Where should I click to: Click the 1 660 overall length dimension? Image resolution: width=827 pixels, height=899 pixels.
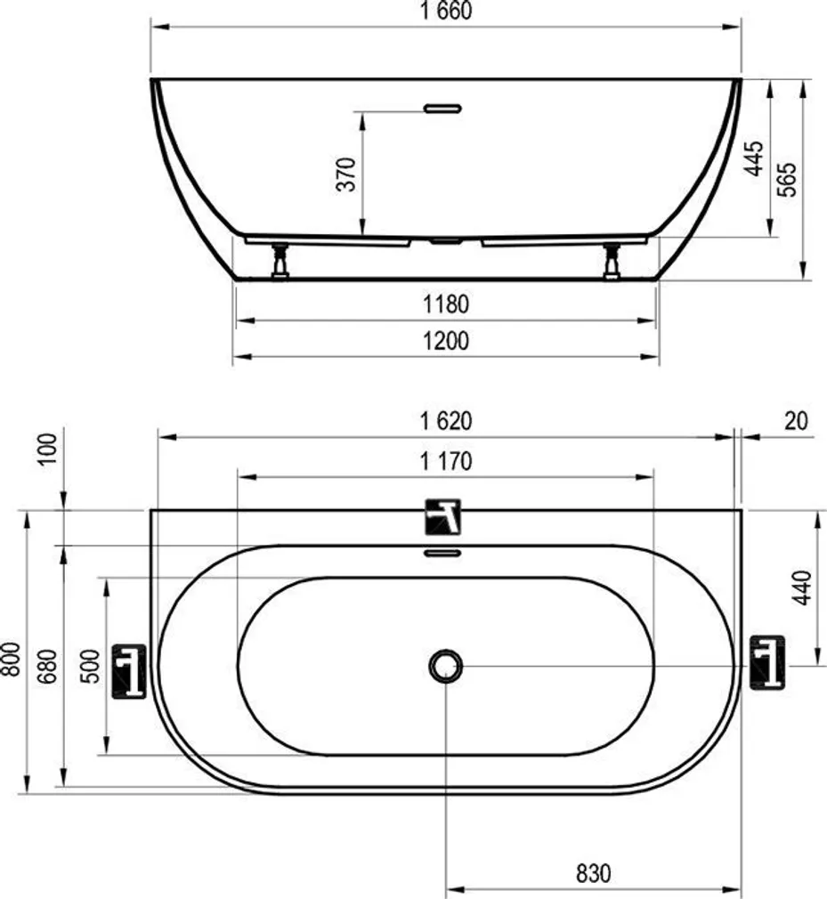coord(446,12)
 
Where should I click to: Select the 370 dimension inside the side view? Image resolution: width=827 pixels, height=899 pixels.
coord(348,174)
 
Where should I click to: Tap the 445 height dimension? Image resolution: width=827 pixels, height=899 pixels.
coord(753,158)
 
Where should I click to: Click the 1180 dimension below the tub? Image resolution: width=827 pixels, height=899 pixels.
coord(446,304)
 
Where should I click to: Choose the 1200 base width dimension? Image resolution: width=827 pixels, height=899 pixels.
coord(446,342)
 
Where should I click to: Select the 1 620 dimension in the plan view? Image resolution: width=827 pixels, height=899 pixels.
coord(446,422)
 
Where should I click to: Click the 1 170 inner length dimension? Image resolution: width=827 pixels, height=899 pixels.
coord(446,462)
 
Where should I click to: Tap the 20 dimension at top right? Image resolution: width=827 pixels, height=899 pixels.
coord(796,422)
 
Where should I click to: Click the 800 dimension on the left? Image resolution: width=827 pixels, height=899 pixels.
coord(11,659)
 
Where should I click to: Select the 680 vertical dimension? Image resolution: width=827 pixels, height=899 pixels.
coord(47,666)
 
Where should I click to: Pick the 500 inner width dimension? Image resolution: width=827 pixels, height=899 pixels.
coord(88,666)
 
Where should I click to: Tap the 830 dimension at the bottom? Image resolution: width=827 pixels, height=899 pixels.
coord(593,874)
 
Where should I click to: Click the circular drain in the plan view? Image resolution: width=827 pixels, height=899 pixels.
coord(445,665)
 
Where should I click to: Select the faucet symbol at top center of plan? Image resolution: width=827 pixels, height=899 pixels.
coord(444,515)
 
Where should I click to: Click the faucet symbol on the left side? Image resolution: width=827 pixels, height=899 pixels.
coord(128,670)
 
